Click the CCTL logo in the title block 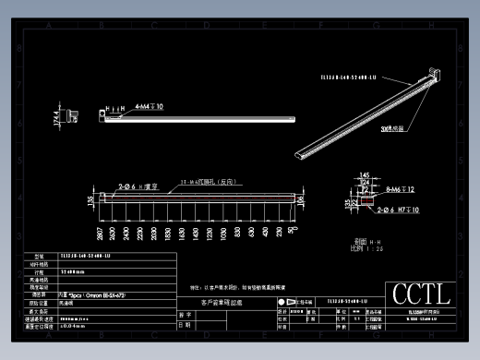[421, 294]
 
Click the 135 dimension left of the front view [90, 198]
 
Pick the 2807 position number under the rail [99, 232]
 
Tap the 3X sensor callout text [395, 128]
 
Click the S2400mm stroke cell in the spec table [74, 273]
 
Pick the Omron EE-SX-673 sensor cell [93, 294]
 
